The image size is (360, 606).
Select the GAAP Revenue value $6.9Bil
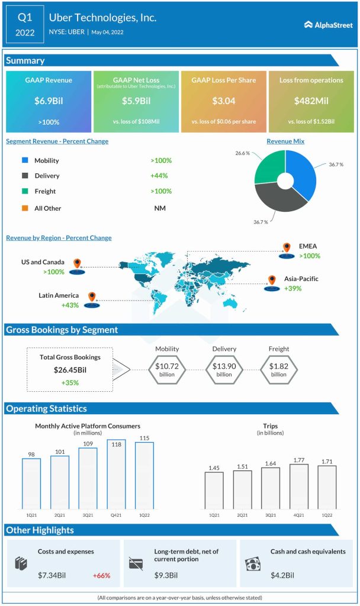point(49,101)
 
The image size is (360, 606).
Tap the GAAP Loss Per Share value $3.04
point(223,101)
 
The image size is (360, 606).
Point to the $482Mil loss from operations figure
point(310,101)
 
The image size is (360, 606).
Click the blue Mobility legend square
point(24,160)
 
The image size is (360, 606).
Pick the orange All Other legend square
point(24,208)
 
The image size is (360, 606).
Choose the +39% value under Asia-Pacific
point(292,289)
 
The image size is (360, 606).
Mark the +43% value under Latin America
point(71,305)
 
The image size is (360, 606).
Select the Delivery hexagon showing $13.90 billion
point(224,370)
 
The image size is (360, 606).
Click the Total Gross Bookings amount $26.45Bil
point(70,370)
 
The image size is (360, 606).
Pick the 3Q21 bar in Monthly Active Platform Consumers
point(88,478)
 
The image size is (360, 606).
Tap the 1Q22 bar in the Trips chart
point(327,487)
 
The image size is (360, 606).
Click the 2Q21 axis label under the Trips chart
point(242,515)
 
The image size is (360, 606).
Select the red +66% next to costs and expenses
point(101,575)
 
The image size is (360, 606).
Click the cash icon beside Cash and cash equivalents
point(253,563)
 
